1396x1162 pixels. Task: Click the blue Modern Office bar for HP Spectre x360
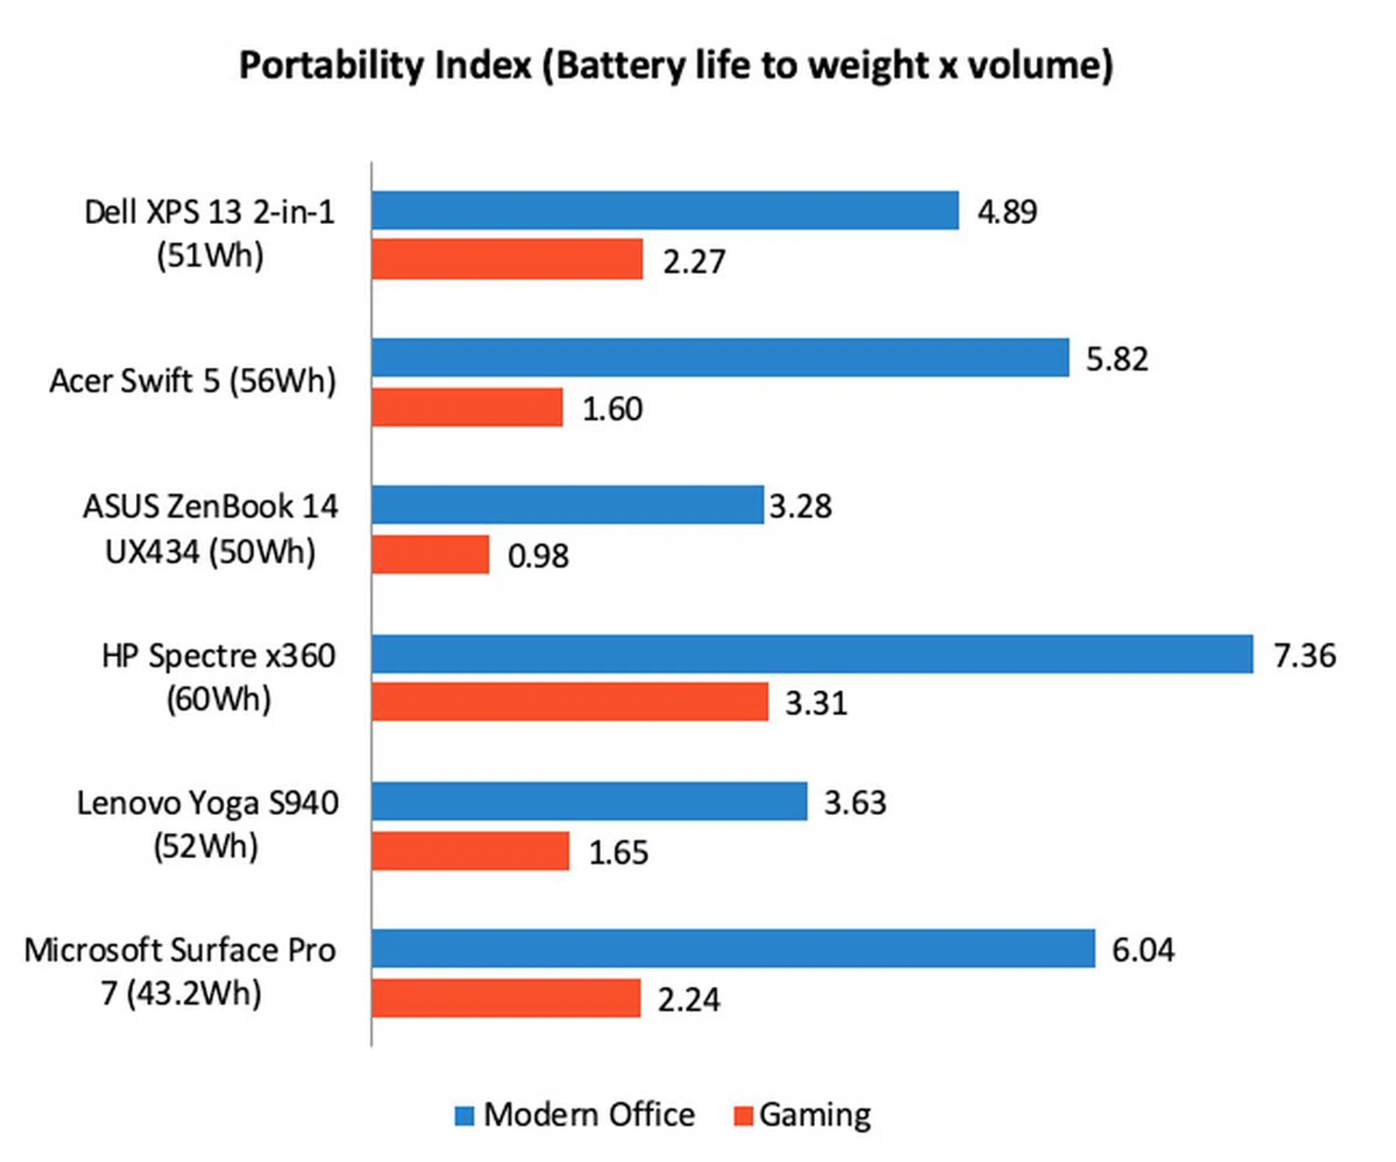pyautogui.click(x=811, y=654)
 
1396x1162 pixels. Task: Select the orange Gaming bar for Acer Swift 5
pyautogui.click(x=467, y=407)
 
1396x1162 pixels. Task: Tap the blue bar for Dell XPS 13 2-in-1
pyautogui.click(x=665, y=210)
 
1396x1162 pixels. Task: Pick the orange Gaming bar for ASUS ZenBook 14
pyautogui.click(x=430, y=554)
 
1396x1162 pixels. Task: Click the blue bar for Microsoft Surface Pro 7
pyautogui.click(x=733, y=948)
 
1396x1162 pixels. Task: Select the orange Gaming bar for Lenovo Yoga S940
pyautogui.click(x=470, y=851)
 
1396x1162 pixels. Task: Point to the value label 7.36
pyautogui.click(x=1304, y=655)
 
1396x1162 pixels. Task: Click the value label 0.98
pyautogui.click(x=538, y=556)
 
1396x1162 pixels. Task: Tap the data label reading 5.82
pyautogui.click(x=1117, y=359)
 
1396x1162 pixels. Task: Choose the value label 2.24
pyautogui.click(x=689, y=1000)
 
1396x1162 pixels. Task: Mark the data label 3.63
pyautogui.click(x=855, y=803)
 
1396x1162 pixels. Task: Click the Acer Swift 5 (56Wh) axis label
pyautogui.click(x=193, y=381)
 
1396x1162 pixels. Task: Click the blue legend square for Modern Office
pyautogui.click(x=464, y=1115)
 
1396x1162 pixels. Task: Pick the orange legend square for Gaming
pyautogui.click(x=743, y=1115)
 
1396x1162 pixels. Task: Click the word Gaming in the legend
pyautogui.click(x=815, y=1115)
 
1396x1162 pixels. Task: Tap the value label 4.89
pyautogui.click(x=1007, y=212)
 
